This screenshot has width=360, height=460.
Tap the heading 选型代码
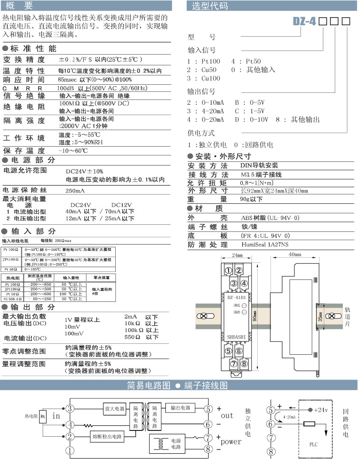tap(210, 6)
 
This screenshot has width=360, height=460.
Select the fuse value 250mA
tap(75, 190)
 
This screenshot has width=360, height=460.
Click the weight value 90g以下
tap(251, 199)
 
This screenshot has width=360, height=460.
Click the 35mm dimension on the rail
tap(320, 316)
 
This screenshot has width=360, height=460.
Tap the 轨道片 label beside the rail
tap(347, 316)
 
